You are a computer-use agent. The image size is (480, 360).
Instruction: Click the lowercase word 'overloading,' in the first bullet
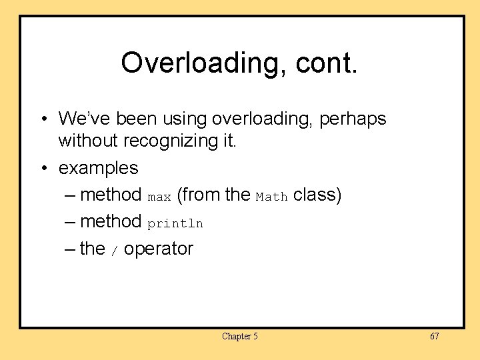263,119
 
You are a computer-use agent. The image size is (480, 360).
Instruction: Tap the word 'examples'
99,168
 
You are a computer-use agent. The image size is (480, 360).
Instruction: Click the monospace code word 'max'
159,197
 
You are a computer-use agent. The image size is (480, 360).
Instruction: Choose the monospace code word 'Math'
271,197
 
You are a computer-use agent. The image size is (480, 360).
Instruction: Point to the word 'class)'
317,195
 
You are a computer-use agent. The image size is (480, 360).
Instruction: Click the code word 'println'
175,223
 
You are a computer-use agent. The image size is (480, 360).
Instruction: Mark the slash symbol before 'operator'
114,251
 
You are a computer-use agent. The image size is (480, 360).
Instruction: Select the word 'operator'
159,249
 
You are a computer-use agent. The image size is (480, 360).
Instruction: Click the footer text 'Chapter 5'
240,336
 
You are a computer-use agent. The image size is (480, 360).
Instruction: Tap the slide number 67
434,336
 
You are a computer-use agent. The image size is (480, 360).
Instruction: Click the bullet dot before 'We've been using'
43,119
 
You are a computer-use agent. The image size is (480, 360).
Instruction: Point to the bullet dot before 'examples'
43,168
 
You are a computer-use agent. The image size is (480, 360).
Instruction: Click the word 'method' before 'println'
110,221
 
